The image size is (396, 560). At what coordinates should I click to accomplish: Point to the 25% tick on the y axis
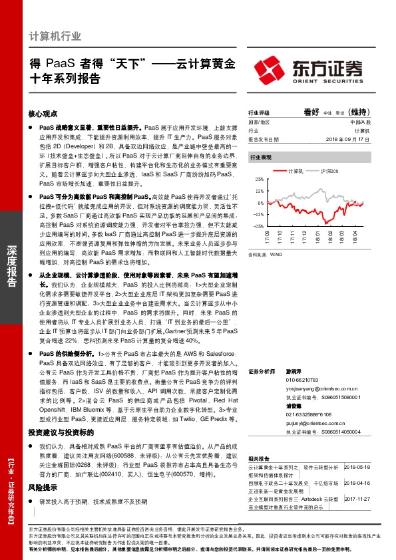[x=259, y=179]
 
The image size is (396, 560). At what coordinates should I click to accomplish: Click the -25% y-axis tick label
[x=258, y=226]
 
